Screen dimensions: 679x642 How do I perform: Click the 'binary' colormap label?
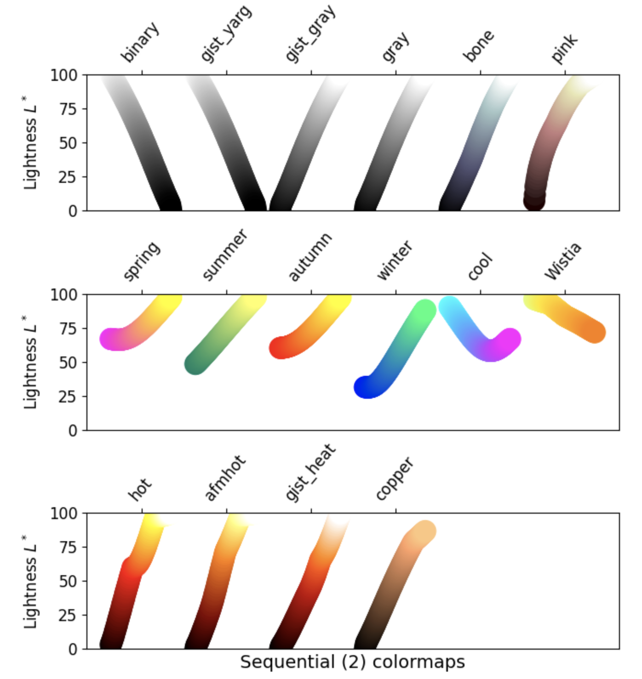click(x=140, y=42)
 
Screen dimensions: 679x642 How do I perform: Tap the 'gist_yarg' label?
click(x=226, y=33)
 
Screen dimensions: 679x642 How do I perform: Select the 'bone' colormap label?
click(x=479, y=45)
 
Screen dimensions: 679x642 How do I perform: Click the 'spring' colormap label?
click(x=142, y=260)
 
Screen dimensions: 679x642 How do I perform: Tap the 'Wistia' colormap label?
click(x=562, y=261)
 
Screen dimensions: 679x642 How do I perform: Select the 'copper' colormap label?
click(x=395, y=478)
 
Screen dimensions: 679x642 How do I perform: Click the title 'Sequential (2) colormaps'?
click(x=352, y=662)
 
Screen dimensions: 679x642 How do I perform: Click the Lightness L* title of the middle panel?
click(x=30, y=362)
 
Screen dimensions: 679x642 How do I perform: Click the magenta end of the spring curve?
click(x=110, y=339)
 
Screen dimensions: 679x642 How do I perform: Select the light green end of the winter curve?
click(x=425, y=310)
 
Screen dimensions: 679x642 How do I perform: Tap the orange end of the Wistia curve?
click(x=595, y=332)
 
